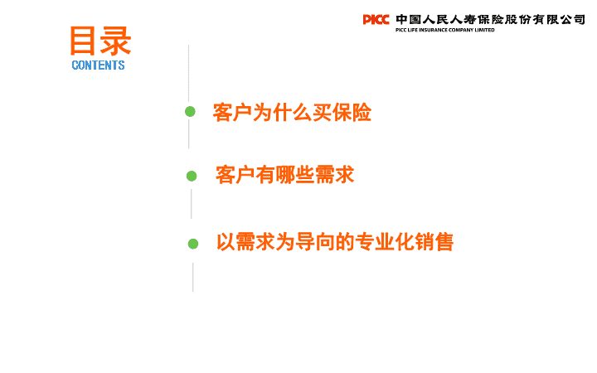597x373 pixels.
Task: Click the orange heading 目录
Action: click(x=100, y=41)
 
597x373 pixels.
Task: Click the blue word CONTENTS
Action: click(x=98, y=65)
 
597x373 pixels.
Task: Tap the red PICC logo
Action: click(x=376, y=19)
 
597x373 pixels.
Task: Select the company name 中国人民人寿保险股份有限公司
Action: click(x=490, y=19)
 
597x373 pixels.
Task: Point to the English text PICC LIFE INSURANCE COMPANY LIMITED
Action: click(x=444, y=30)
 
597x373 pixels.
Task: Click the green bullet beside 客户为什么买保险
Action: click(x=190, y=112)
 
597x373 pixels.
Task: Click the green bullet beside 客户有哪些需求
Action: click(x=192, y=176)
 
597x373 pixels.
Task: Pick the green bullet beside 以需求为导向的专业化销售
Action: click(x=193, y=244)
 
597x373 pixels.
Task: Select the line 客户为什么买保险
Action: click(x=292, y=112)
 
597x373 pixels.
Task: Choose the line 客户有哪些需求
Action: click(x=284, y=175)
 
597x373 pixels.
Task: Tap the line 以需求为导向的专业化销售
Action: click(x=335, y=242)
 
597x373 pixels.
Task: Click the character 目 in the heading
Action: click(x=83, y=41)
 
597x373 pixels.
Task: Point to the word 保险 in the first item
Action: click(x=352, y=112)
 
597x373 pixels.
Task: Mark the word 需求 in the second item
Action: click(x=335, y=175)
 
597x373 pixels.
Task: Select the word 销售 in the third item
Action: click(x=434, y=242)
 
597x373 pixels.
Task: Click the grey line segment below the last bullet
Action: click(x=193, y=278)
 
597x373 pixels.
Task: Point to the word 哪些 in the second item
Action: click(x=295, y=175)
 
